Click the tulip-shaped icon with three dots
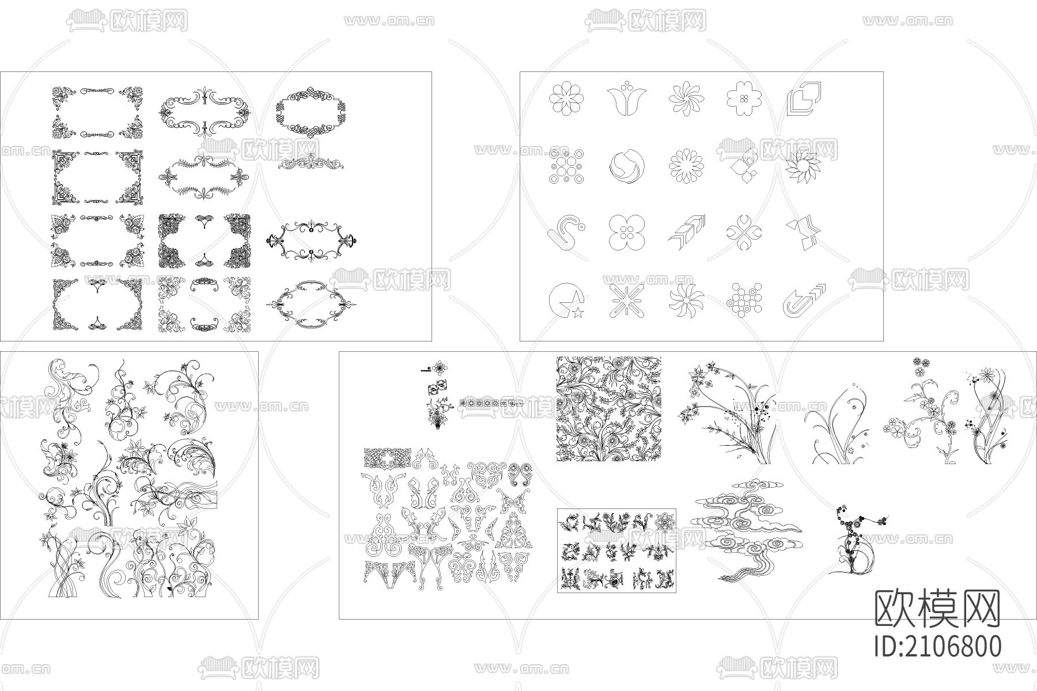point(627,98)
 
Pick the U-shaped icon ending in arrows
point(804,301)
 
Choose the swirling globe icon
point(627,168)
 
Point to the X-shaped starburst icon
point(627,301)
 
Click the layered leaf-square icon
point(804,98)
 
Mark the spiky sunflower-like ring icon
point(804,168)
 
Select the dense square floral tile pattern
point(608,409)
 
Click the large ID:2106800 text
point(938,646)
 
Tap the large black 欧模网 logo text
point(938,609)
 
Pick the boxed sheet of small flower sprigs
point(616,550)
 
